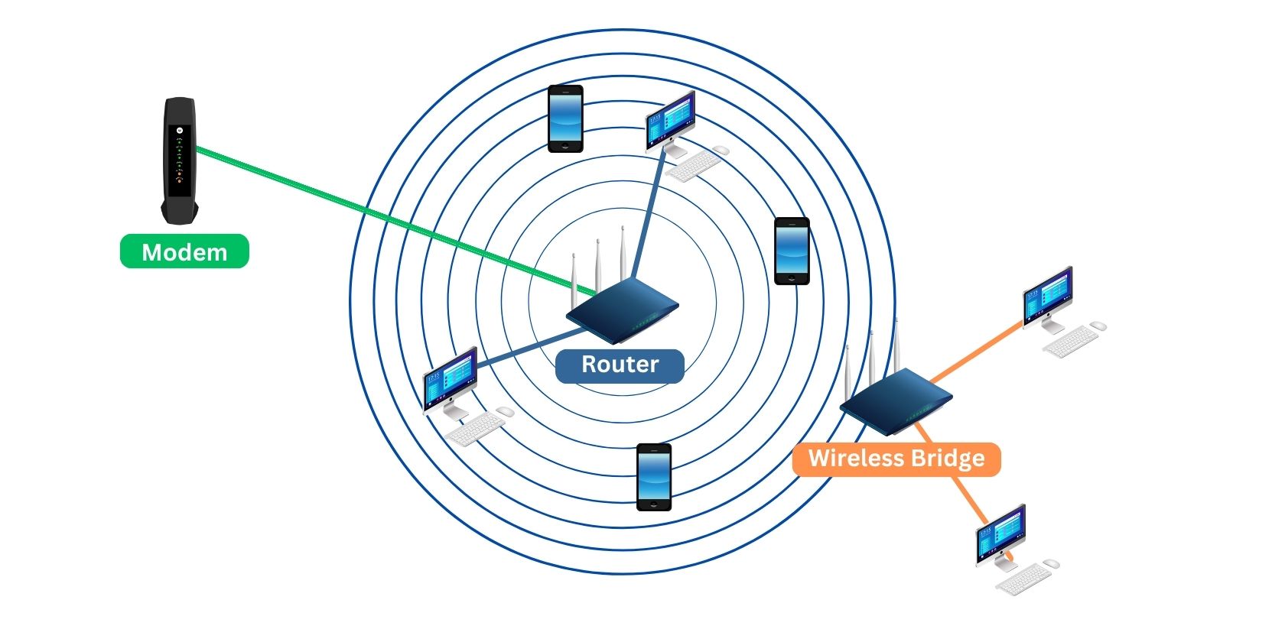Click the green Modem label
click(x=184, y=251)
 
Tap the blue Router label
click(x=620, y=365)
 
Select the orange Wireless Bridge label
click(x=896, y=459)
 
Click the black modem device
click(x=179, y=160)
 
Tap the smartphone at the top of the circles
click(x=565, y=118)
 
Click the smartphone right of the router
click(x=792, y=251)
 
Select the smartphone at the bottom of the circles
click(x=654, y=477)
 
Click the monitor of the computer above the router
click(x=671, y=119)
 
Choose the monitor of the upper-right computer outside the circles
click(x=1048, y=294)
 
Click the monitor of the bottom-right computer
click(x=1000, y=533)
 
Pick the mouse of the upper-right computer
click(x=1098, y=326)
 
